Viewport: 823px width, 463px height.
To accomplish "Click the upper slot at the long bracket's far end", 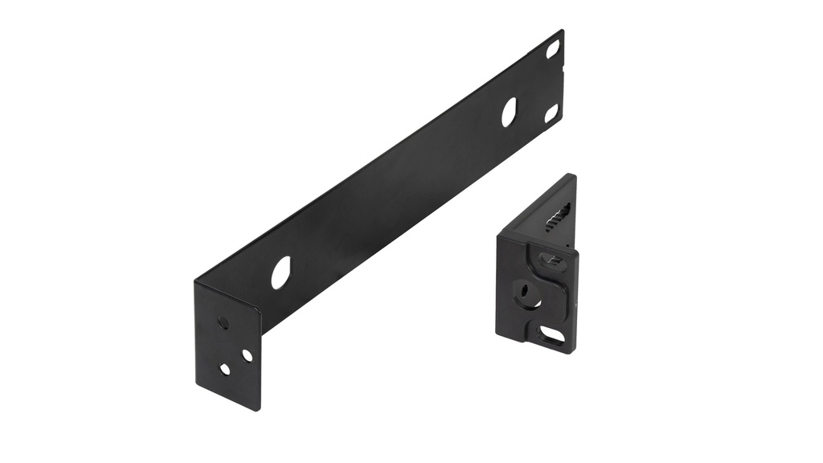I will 553,49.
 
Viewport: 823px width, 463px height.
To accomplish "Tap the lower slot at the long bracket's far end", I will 551,113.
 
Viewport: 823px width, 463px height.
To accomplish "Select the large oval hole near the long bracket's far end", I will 509,112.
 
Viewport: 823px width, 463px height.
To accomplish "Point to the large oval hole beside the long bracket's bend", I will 280,272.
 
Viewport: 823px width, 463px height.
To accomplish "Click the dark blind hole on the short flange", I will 223,322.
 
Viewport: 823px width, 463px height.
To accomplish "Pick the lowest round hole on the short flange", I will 225,369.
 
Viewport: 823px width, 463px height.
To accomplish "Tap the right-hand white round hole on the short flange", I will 247,355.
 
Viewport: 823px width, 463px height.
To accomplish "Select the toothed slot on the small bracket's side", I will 559,218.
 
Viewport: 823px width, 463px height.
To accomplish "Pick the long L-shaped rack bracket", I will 386,201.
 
